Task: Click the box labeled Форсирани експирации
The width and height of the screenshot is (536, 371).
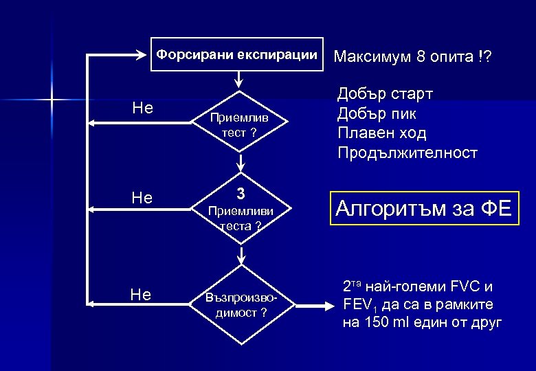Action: pos(237,54)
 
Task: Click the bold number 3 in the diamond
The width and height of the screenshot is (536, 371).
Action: pos(241,193)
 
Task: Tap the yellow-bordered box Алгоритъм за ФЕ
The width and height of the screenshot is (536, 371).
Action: pos(423,207)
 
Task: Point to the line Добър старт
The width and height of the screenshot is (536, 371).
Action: pos(385,94)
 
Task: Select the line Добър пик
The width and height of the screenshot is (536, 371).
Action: pos(377,113)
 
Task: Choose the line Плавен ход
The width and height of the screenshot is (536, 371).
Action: pos(382,133)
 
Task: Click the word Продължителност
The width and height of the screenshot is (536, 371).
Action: pos(407,153)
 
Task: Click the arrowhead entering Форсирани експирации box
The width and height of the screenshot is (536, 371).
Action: pos(145,54)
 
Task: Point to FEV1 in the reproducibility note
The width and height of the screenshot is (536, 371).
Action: pos(358,306)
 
